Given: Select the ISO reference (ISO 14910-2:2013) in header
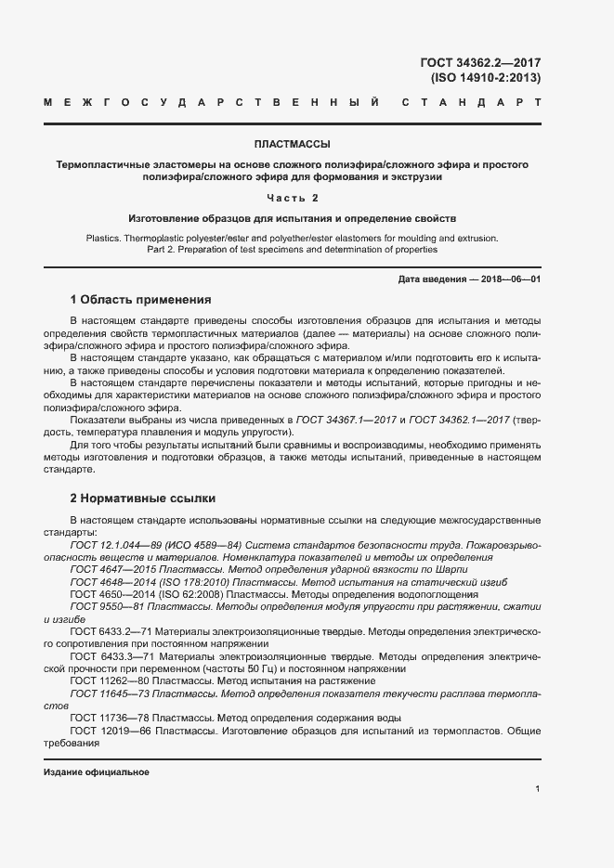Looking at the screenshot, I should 486,78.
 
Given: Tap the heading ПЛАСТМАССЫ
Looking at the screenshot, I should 292,144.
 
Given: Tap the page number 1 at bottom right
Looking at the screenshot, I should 538,789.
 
